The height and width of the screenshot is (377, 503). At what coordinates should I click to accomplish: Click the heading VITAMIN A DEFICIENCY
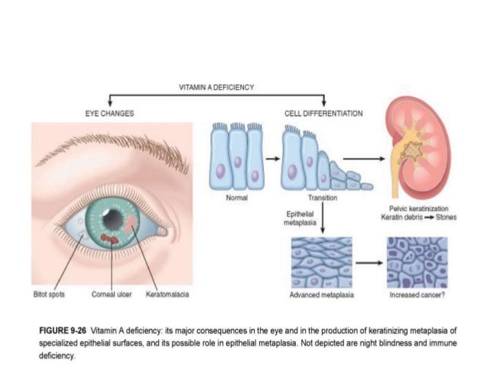[216, 87]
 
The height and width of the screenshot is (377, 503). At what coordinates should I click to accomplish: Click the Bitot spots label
[49, 295]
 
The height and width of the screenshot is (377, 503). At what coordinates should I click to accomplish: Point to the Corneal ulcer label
[107, 295]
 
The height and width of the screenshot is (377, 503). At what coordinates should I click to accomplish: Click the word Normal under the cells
[237, 198]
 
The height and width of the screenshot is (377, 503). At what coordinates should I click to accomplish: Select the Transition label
[323, 198]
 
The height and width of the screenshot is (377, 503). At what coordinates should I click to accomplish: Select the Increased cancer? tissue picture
[417, 263]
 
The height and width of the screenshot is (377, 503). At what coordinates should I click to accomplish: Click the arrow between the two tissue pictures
[369, 263]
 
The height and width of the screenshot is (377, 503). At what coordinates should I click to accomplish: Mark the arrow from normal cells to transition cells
[272, 158]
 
